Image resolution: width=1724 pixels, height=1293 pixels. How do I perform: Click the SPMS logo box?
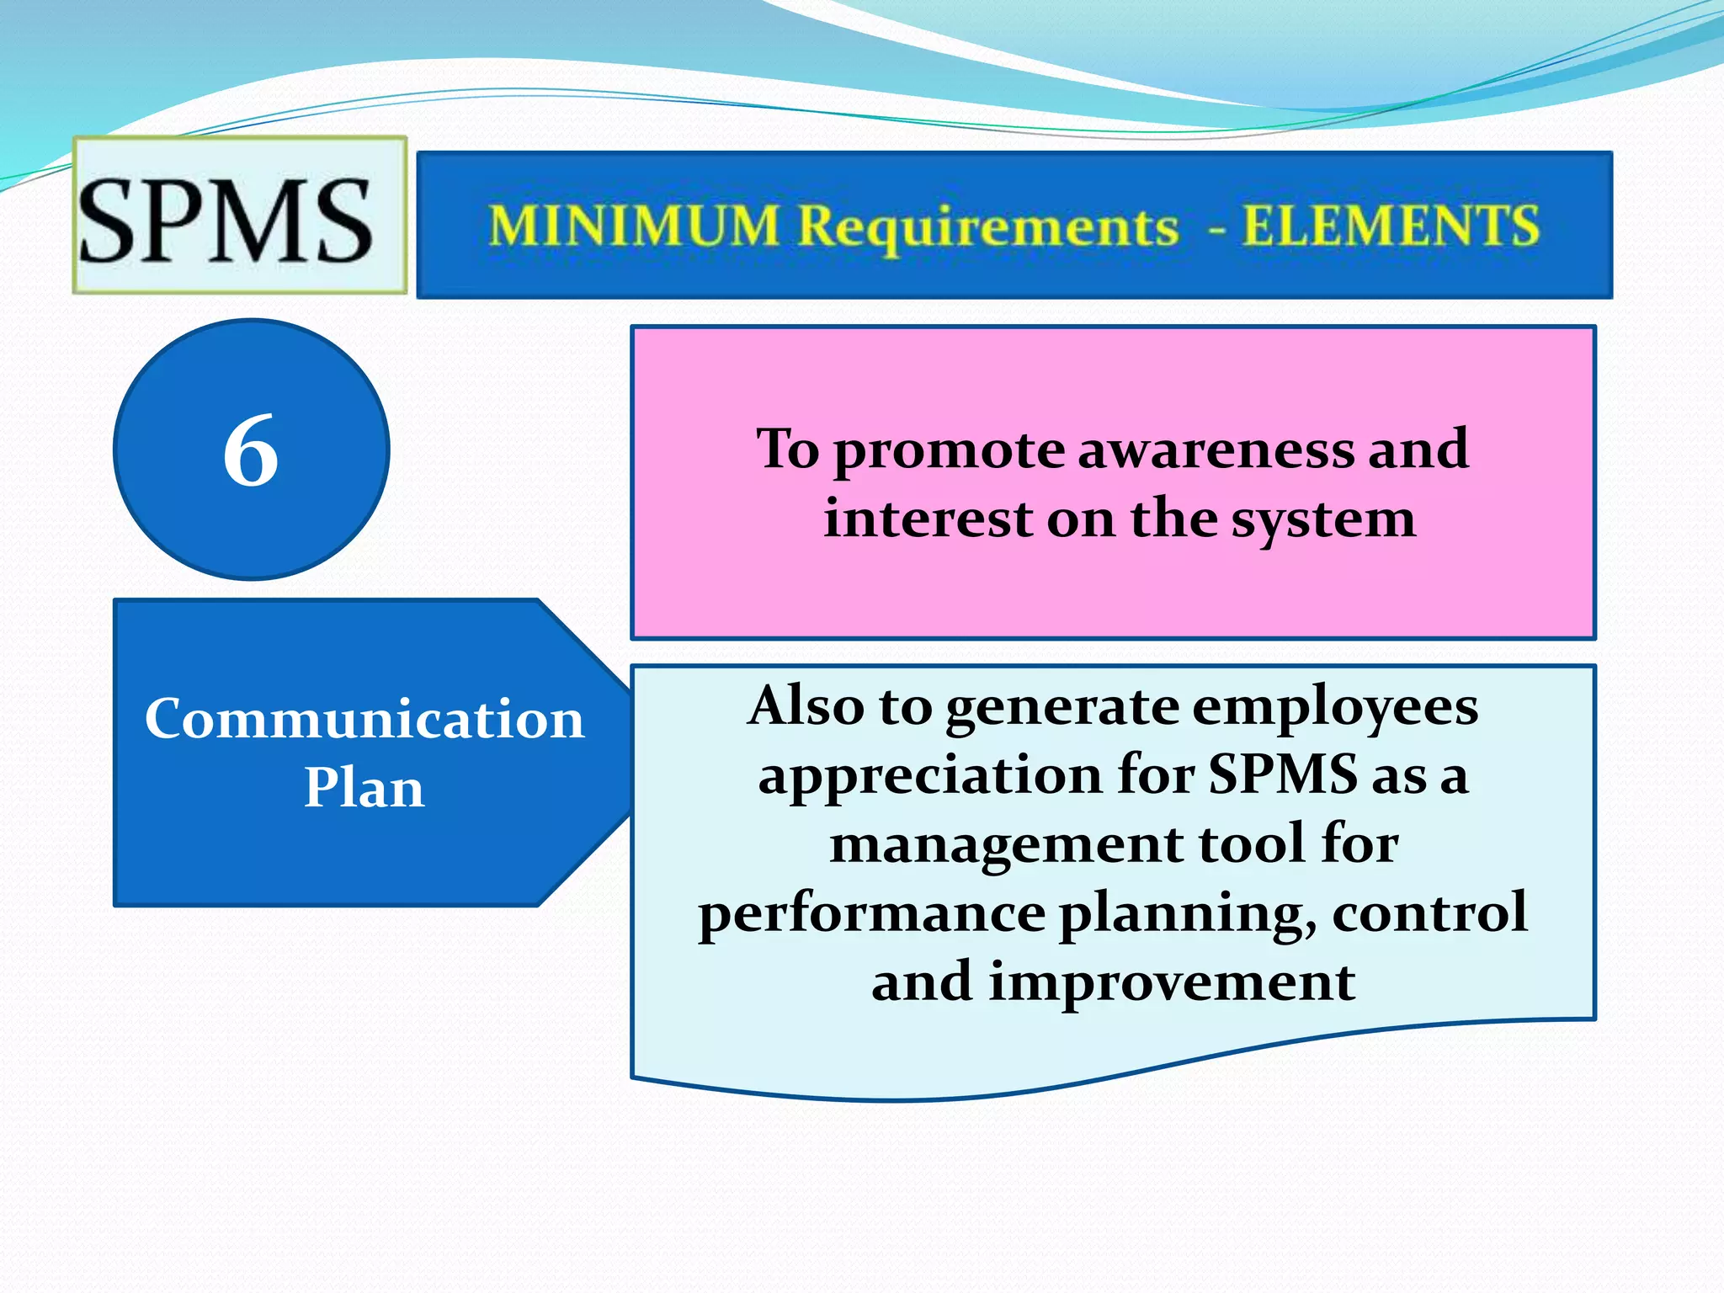[x=239, y=216]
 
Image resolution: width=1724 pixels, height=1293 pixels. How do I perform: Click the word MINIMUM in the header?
[x=634, y=226]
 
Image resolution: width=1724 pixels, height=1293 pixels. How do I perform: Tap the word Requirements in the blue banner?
[x=988, y=228]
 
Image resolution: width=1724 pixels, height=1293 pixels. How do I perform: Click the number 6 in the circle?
[x=251, y=451]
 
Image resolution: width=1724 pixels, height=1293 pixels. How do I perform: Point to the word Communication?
[x=364, y=721]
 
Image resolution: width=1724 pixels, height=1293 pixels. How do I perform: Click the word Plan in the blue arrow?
[x=364, y=789]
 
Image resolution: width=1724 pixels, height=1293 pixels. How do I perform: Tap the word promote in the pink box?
[x=950, y=451]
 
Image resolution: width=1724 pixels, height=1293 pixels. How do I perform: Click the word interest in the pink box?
[x=928, y=519]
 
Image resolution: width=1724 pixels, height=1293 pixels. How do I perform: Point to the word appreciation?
[x=929, y=776]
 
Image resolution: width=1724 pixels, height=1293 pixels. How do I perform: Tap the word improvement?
[x=1171, y=982]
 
